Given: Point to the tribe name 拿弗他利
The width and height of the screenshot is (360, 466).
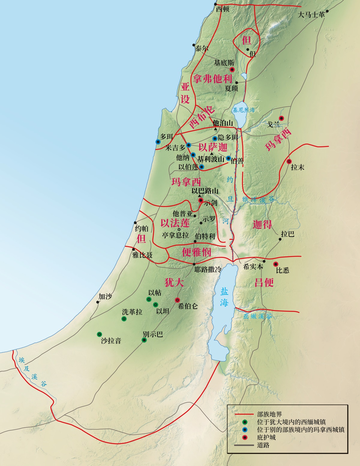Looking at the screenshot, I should click(213, 79).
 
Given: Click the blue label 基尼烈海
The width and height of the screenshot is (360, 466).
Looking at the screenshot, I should click(244, 110).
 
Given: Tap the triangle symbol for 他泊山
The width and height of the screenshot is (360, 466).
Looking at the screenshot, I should click(215, 129).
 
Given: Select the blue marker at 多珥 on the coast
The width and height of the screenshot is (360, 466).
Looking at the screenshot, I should click(158, 142).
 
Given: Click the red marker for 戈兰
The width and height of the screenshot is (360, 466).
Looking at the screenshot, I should click(281, 118).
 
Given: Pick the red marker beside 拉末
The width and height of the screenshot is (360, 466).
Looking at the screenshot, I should click(289, 161).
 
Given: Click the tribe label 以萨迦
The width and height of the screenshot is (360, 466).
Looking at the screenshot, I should click(213, 147).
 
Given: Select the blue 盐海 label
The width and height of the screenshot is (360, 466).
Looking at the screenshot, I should click(224, 297).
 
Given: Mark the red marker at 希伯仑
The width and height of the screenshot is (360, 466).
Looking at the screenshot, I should click(177, 300).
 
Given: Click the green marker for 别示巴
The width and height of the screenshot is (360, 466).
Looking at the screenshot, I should click(144, 340).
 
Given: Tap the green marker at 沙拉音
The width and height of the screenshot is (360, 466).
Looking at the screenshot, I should click(99, 334).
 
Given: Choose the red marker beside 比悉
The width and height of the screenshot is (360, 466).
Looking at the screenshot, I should click(276, 264).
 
